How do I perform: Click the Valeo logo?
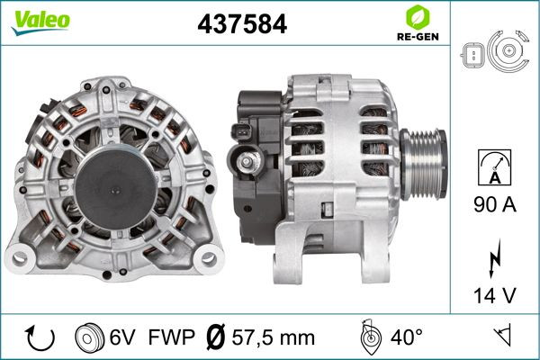click(x=41, y=22)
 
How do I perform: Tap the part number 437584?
click(x=242, y=24)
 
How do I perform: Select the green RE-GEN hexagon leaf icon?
click(x=418, y=17)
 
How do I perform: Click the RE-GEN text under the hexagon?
click(x=418, y=37)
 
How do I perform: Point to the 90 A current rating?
click(x=494, y=204)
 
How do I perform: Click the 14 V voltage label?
click(x=494, y=295)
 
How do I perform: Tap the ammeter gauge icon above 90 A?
click(x=494, y=167)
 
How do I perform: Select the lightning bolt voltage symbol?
click(x=494, y=258)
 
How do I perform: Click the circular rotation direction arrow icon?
click(x=40, y=338)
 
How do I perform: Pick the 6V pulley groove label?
click(x=122, y=337)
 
